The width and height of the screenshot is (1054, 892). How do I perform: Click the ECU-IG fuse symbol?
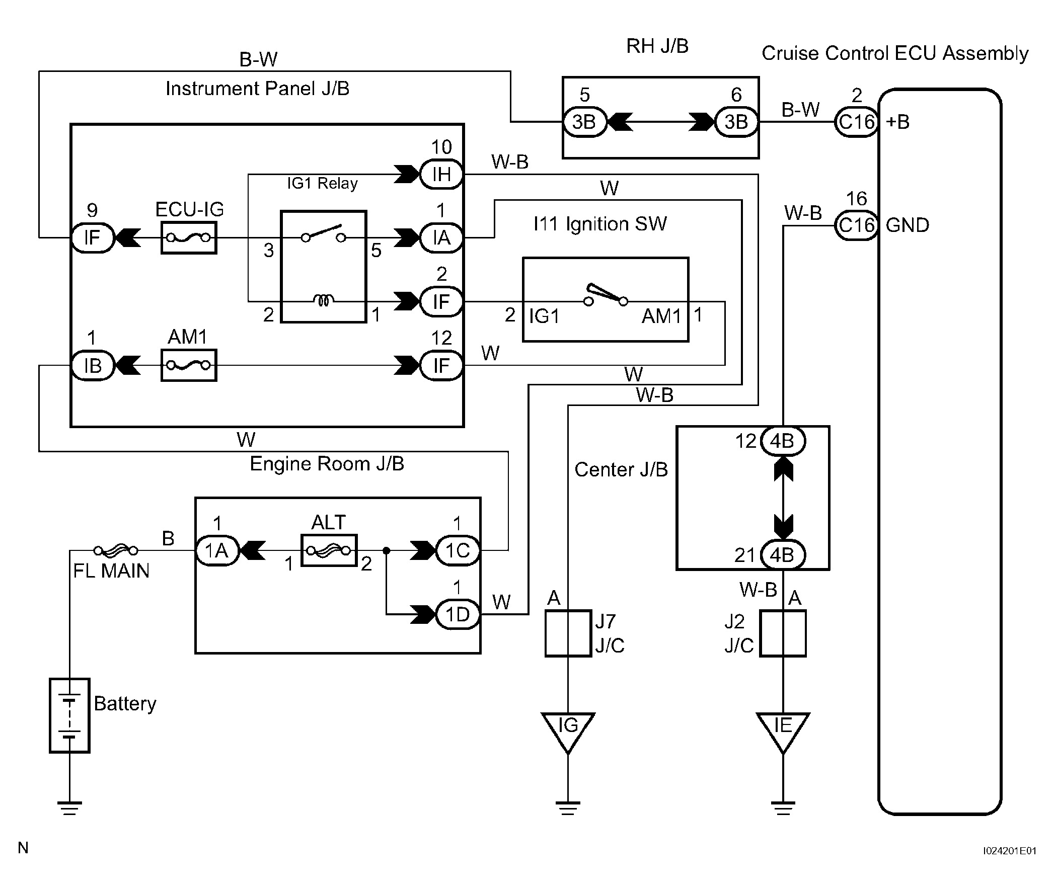[189, 237]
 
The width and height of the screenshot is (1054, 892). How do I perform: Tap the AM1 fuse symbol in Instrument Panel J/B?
[189, 365]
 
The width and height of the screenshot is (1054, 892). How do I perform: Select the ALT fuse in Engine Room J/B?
[328, 550]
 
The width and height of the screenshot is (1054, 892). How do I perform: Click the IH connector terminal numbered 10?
[441, 175]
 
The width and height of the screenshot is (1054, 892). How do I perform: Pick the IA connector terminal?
[441, 237]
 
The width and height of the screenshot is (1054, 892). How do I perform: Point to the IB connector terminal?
[93, 365]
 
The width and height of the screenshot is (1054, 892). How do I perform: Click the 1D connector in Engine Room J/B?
[458, 614]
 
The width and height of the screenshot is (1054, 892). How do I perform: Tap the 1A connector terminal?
[216, 550]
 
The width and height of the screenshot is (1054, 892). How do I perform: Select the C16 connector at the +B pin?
[856, 122]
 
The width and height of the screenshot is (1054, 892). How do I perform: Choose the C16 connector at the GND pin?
[856, 225]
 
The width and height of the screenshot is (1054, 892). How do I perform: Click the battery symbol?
[69, 715]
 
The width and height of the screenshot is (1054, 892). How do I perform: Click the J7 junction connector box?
[568, 633]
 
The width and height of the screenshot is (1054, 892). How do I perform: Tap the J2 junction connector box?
[783, 633]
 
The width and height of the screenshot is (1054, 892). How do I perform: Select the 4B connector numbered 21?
[782, 555]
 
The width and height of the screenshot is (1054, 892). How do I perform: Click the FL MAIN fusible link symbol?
[116, 550]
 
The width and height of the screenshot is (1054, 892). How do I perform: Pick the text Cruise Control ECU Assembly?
[894, 53]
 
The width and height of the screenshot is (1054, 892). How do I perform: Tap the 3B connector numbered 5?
[584, 122]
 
